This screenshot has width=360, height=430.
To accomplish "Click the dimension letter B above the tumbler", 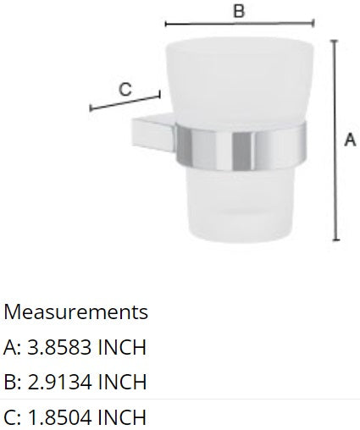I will tap(239, 11).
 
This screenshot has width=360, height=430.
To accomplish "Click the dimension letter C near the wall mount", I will tap(125, 88).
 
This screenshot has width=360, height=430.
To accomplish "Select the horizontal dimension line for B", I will tap(240, 24).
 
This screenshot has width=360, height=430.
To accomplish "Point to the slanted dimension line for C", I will tap(125, 102).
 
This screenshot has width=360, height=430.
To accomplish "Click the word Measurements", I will tap(75, 311).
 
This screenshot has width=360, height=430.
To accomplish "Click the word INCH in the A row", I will tap(122, 347).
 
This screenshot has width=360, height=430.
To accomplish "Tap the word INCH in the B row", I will tap(122, 382).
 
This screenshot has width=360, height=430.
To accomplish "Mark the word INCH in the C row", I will tap(122, 416).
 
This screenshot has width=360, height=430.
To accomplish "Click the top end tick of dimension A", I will tap(336, 39).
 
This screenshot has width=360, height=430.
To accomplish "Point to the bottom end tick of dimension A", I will tap(336, 242).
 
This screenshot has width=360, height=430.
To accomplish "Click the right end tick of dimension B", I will tap(313, 24).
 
